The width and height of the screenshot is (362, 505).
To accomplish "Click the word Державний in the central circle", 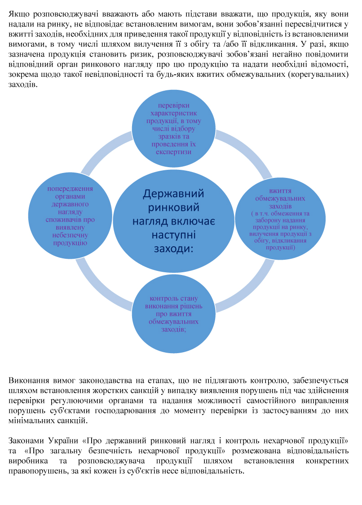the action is [x=173, y=194].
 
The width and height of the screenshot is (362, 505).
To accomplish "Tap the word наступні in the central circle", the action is [x=173, y=235].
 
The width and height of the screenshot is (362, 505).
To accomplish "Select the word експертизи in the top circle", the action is [x=174, y=152].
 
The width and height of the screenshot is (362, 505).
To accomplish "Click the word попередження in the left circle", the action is [x=70, y=189].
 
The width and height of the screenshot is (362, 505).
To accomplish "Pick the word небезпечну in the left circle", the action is [x=70, y=235].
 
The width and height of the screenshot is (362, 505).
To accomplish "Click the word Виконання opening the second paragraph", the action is [x=29, y=381].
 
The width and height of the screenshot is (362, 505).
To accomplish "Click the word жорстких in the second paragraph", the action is [x=105, y=391].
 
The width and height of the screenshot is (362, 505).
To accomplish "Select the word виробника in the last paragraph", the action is [x=28, y=461].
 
